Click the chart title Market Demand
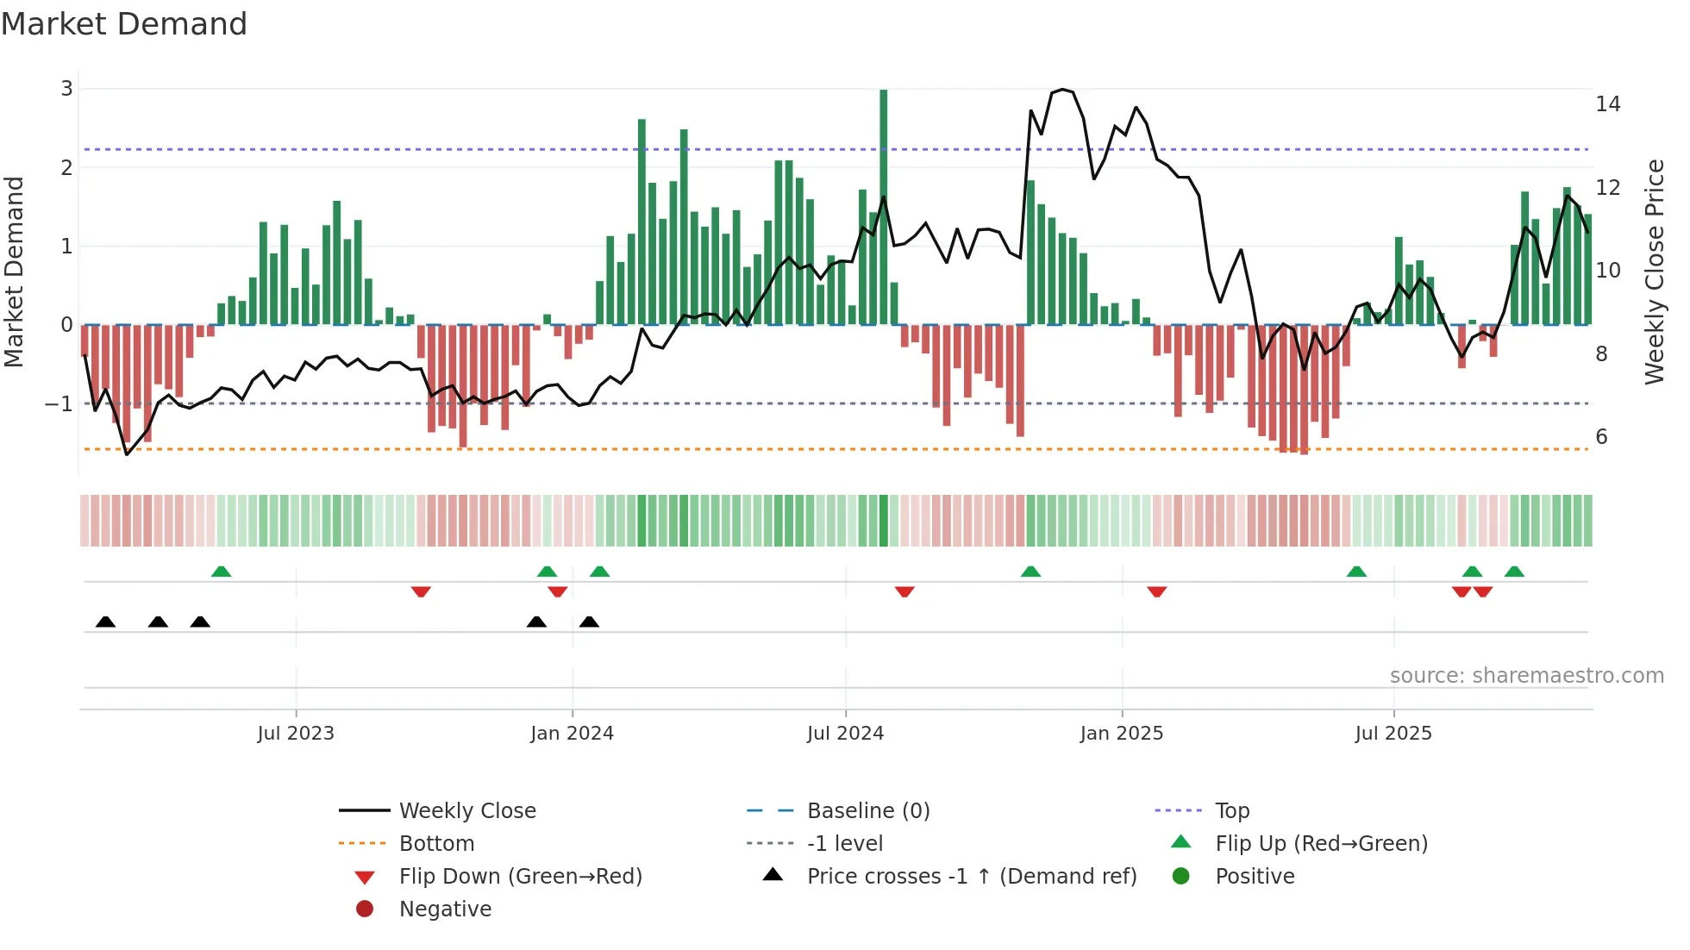pos(124,24)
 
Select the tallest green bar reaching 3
pos(883,207)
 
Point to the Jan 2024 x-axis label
pos(572,734)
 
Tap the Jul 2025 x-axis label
pos(1393,734)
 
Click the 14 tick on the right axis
pos(1607,104)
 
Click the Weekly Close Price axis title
pos(1654,272)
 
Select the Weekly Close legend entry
pos(466,811)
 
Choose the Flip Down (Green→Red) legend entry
pos(520,877)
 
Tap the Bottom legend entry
pos(436,844)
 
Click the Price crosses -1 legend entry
pos(971,877)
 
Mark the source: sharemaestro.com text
pos(1526,676)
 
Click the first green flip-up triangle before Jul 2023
pos(221,572)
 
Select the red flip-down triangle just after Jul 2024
pos(904,591)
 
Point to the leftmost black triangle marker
pos(105,622)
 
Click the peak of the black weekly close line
pos(1062,90)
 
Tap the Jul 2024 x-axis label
pos(845,734)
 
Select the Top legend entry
pos(1231,811)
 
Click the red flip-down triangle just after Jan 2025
pos(1156,591)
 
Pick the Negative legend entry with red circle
pos(445,909)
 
